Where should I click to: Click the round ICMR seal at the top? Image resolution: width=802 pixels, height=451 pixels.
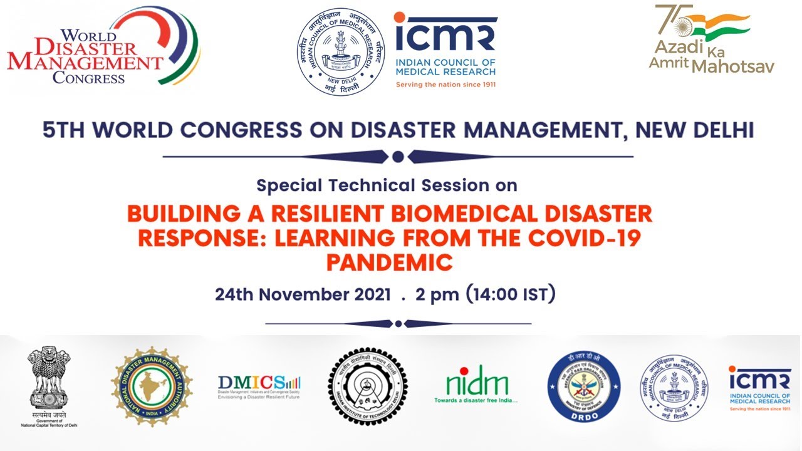click(341, 51)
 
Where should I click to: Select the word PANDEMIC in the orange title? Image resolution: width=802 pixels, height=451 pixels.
click(389, 262)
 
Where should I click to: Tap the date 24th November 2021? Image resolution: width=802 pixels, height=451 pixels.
click(303, 294)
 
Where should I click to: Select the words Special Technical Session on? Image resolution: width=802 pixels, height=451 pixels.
click(387, 185)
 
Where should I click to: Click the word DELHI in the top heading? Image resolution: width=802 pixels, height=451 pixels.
click(721, 130)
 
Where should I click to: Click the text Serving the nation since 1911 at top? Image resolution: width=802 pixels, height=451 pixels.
click(445, 84)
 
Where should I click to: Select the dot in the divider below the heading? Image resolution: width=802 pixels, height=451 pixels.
click(398, 157)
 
